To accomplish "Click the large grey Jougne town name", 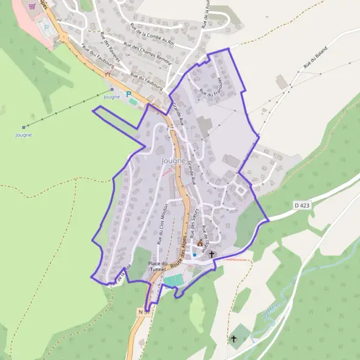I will (174, 161).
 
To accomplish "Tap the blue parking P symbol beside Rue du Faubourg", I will (128, 94).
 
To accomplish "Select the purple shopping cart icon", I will (32, 5).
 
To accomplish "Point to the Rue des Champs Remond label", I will (147, 53).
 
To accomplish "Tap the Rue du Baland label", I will (316, 56).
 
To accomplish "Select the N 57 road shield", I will (143, 312).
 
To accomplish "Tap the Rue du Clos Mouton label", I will (161, 223).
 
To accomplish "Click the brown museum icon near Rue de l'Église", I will (200, 244).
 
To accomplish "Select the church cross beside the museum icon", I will (211, 254).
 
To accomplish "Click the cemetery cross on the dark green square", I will (234, 339).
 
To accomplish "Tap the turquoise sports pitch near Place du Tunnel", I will (173, 280).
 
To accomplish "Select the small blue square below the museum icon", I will (194, 254).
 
